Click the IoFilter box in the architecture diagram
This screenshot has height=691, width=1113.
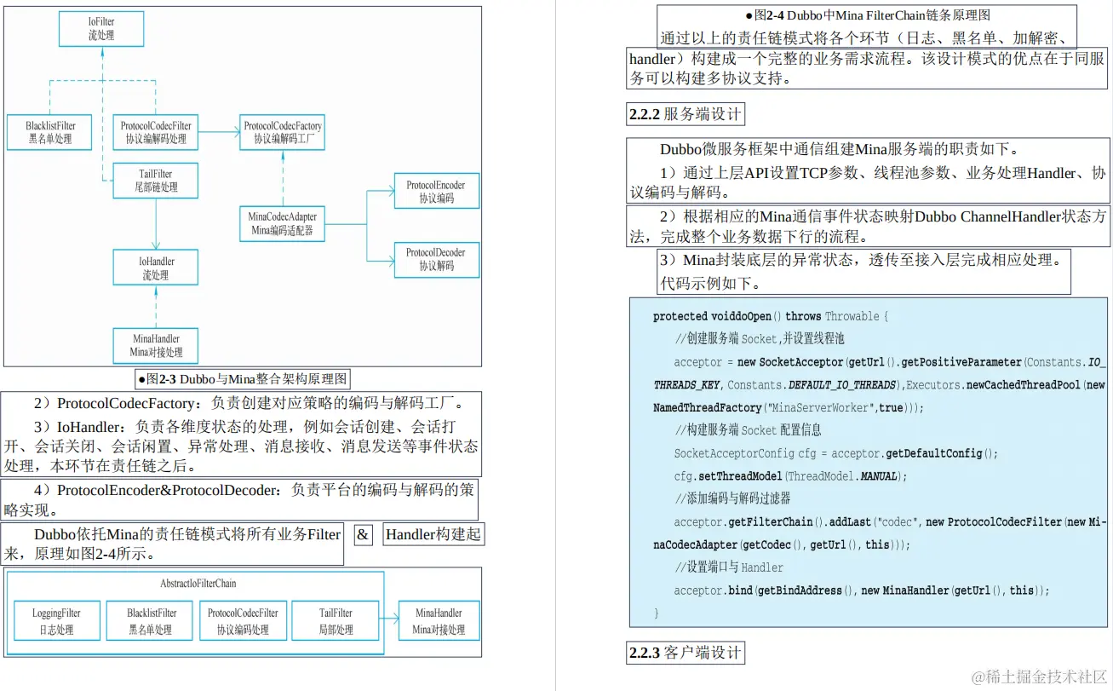pos(100,28)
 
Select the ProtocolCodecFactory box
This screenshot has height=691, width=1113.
pos(283,132)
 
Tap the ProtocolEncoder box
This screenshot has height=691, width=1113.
pos(436,192)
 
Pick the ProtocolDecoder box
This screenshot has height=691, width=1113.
pos(436,259)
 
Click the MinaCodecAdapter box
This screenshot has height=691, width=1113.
pos(282,223)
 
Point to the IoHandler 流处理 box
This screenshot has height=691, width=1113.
pos(156,268)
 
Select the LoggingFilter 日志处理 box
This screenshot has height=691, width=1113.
pos(57,621)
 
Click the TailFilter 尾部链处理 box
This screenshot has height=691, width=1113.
pos(156,181)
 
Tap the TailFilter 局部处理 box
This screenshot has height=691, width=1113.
pos(336,621)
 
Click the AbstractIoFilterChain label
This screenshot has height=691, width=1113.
pos(198,584)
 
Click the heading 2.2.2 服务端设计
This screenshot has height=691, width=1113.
pos(685,114)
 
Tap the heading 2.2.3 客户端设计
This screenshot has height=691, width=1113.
pos(685,654)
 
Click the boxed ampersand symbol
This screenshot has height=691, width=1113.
pos(364,535)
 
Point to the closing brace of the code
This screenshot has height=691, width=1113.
pos(657,613)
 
